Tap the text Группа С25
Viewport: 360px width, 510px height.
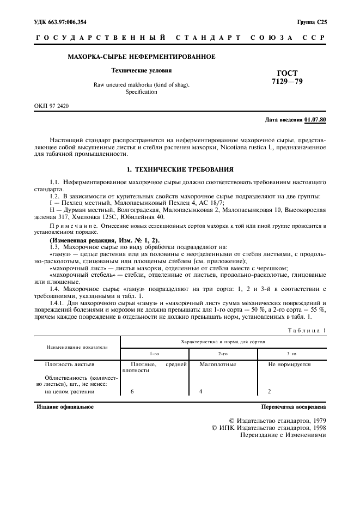[312, 22]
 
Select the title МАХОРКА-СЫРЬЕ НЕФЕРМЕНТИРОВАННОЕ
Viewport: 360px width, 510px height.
[141, 57]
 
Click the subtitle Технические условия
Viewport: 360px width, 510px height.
[141, 71]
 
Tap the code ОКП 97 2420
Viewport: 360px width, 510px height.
[52, 106]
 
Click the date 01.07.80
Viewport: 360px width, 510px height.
[315, 119]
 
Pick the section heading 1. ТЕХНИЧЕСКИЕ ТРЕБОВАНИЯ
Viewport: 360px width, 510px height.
[180, 169]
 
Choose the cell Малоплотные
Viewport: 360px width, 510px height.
[218, 363]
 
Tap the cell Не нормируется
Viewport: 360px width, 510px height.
[289, 363]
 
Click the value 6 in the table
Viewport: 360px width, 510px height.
[132, 391]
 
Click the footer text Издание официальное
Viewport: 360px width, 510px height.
[65, 406]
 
